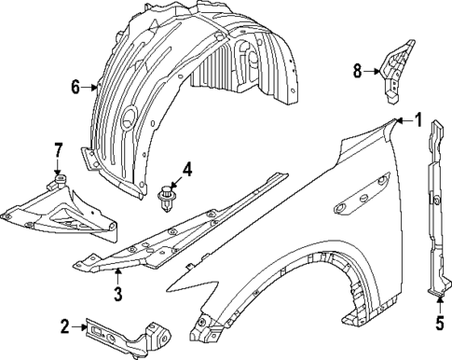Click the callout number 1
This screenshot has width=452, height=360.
tap(418, 119)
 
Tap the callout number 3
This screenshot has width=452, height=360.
tap(117, 296)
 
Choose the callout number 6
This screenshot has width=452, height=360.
tap(77, 88)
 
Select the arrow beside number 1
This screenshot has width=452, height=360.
tap(402, 120)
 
